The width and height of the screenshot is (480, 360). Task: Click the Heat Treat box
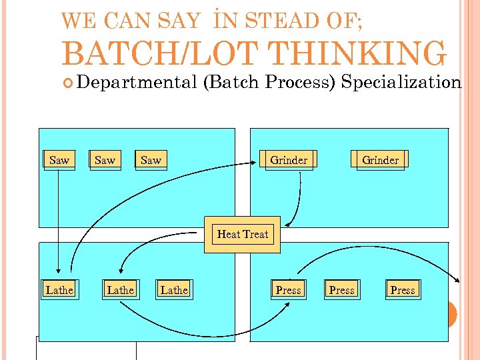(x=242, y=235)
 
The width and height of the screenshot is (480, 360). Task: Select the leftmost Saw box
(x=59, y=160)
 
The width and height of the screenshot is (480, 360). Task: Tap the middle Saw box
(x=105, y=160)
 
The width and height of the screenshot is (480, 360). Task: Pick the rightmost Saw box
(x=151, y=160)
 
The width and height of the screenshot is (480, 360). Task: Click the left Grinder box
(x=289, y=160)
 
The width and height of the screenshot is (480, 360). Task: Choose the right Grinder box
(x=380, y=160)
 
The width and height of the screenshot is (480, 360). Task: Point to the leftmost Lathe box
(x=59, y=290)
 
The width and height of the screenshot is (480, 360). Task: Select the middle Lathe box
(x=120, y=290)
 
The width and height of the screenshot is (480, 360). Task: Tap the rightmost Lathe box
(x=174, y=290)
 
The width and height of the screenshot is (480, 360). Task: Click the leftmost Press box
(x=288, y=290)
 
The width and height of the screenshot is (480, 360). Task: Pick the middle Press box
(x=342, y=290)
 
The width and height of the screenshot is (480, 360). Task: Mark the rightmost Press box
(x=403, y=290)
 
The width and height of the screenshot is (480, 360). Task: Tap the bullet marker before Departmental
(x=69, y=83)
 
